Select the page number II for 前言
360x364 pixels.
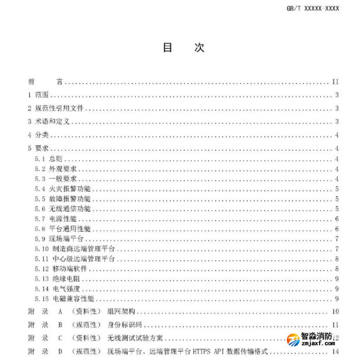336,82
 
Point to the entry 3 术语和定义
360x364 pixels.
49,122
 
